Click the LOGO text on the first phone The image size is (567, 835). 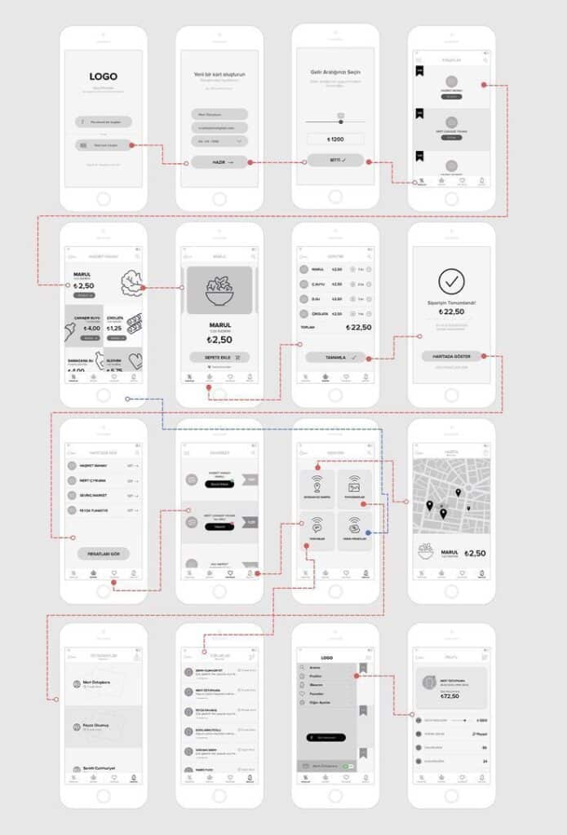coord(104,77)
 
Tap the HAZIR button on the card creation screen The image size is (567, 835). coord(219,162)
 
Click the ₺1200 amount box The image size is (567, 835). coord(334,139)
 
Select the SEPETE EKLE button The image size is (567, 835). coord(219,357)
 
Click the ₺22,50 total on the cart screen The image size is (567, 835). coord(359,328)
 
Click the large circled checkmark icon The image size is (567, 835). coord(451,281)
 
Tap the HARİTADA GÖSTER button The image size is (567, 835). coord(450,356)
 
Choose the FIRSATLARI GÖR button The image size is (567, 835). coord(104,554)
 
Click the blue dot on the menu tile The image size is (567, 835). coord(368,532)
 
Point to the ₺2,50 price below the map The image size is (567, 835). coord(475,554)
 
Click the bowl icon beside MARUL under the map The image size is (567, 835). coord(426,552)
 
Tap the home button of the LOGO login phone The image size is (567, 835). coord(104,199)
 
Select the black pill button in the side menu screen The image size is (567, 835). coord(327,737)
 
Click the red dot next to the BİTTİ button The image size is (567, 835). coord(368,161)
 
